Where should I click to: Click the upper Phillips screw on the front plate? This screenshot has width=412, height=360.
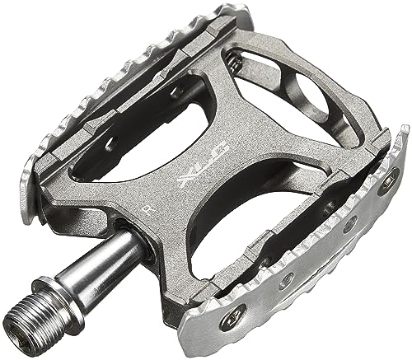[x=386, y=181]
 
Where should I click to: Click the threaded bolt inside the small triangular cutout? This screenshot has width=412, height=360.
[x=235, y=62]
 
